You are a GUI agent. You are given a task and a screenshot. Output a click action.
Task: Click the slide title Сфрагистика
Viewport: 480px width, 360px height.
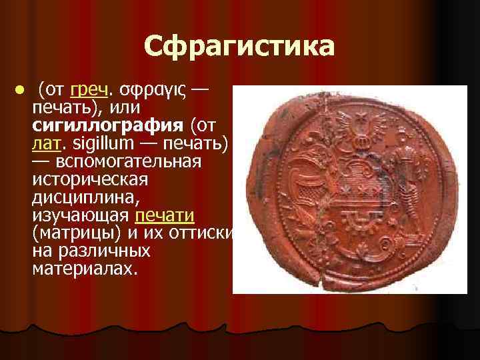click(239, 47)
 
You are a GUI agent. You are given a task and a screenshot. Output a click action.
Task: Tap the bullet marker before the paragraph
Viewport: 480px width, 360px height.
click(21, 90)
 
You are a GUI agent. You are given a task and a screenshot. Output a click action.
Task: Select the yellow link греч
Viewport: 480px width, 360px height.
click(88, 89)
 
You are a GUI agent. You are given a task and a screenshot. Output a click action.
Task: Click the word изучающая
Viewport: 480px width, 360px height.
click(80, 215)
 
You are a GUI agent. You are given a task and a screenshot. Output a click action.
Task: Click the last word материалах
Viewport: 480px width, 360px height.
click(83, 269)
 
